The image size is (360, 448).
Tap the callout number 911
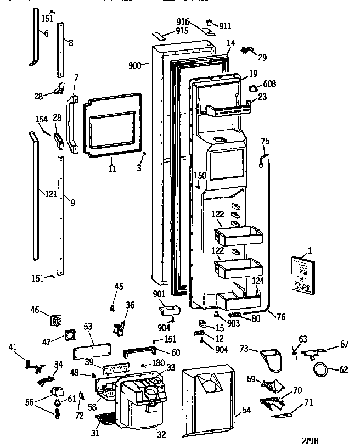(225, 25)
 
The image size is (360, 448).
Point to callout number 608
(269, 84)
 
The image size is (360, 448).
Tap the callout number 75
(265, 142)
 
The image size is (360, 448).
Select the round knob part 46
(55, 320)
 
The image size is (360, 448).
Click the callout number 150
(200, 176)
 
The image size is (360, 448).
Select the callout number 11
(112, 169)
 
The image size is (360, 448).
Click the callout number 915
(182, 30)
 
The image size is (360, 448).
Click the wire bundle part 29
(249, 52)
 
